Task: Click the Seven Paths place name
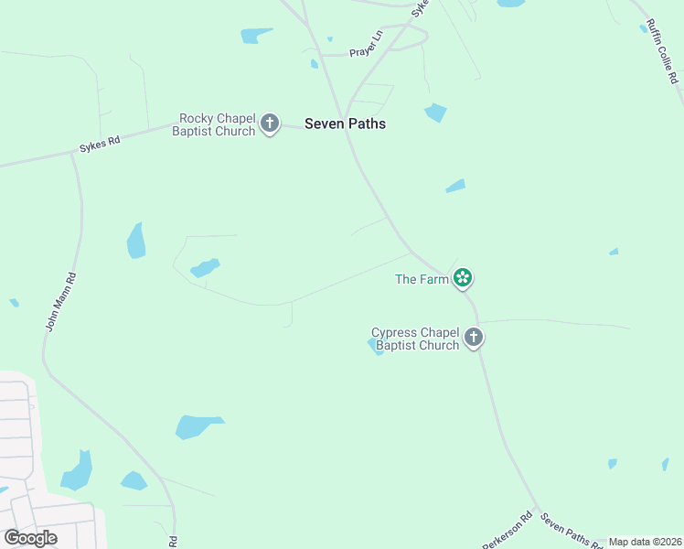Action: (x=345, y=124)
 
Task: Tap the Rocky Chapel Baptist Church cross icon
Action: (x=269, y=124)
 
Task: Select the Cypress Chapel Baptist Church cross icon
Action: (x=474, y=338)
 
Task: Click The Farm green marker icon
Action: (x=464, y=278)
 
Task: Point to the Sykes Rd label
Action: (x=101, y=142)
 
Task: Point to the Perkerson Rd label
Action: (x=508, y=529)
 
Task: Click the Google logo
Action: (x=30, y=538)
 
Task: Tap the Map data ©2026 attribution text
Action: (x=646, y=542)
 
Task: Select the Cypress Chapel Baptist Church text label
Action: (x=415, y=339)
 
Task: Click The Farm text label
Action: (x=421, y=279)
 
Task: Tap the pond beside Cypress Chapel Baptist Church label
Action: (x=376, y=347)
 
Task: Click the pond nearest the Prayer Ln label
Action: (x=329, y=39)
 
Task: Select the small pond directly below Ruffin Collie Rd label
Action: (x=644, y=28)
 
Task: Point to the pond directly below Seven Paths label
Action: (x=435, y=113)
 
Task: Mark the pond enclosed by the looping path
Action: (x=205, y=268)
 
